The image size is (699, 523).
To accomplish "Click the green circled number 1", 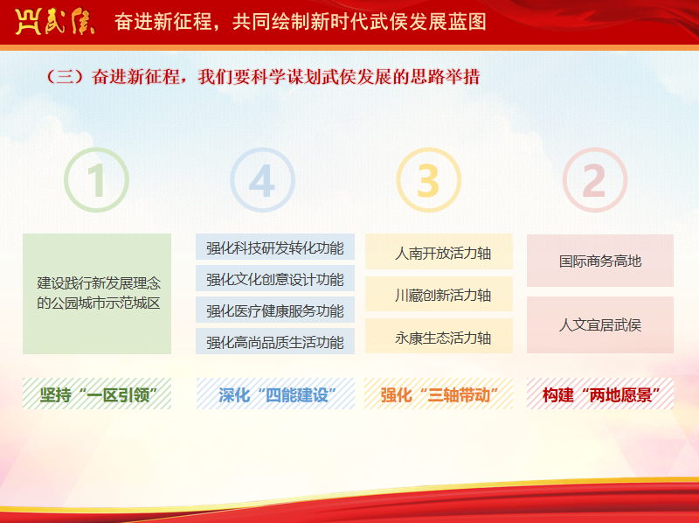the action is click(x=96, y=180).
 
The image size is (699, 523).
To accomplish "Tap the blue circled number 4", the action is click(x=263, y=180).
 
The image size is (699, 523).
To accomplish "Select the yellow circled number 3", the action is click(x=429, y=180).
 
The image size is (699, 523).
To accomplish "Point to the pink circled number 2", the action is click(x=595, y=180).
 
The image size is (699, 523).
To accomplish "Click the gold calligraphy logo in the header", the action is click(x=54, y=21).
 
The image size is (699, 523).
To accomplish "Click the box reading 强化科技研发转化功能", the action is click(x=275, y=247).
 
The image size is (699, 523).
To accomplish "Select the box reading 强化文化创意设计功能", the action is click(x=275, y=278).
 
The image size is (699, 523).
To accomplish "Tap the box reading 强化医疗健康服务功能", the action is click(x=275, y=310).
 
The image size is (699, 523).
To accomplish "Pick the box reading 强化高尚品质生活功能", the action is click(x=275, y=341).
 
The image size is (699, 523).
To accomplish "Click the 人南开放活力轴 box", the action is click(x=439, y=252).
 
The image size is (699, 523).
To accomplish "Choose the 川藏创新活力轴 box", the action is click(x=439, y=294).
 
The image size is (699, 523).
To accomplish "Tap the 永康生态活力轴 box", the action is click(x=439, y=336).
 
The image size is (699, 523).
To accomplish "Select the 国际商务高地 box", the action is click(x=600, y=261).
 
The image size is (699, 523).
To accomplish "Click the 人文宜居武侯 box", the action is click(x=600, y=324).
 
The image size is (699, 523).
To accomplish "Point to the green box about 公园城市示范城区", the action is click(x=97, y=294).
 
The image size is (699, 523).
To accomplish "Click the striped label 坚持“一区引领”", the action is click(x=97, y=394).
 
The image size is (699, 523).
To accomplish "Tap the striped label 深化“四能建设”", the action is click(x=275, y=394).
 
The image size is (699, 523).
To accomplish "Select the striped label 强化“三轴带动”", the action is click(x=439, y=394).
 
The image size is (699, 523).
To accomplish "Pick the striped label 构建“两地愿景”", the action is click(x=600, y=394).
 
